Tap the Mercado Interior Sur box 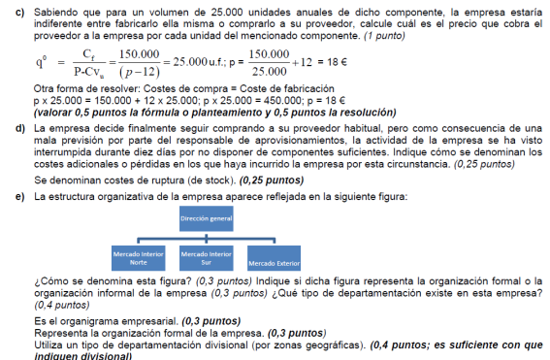[206, 258]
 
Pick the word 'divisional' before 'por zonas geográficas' [235, 344]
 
